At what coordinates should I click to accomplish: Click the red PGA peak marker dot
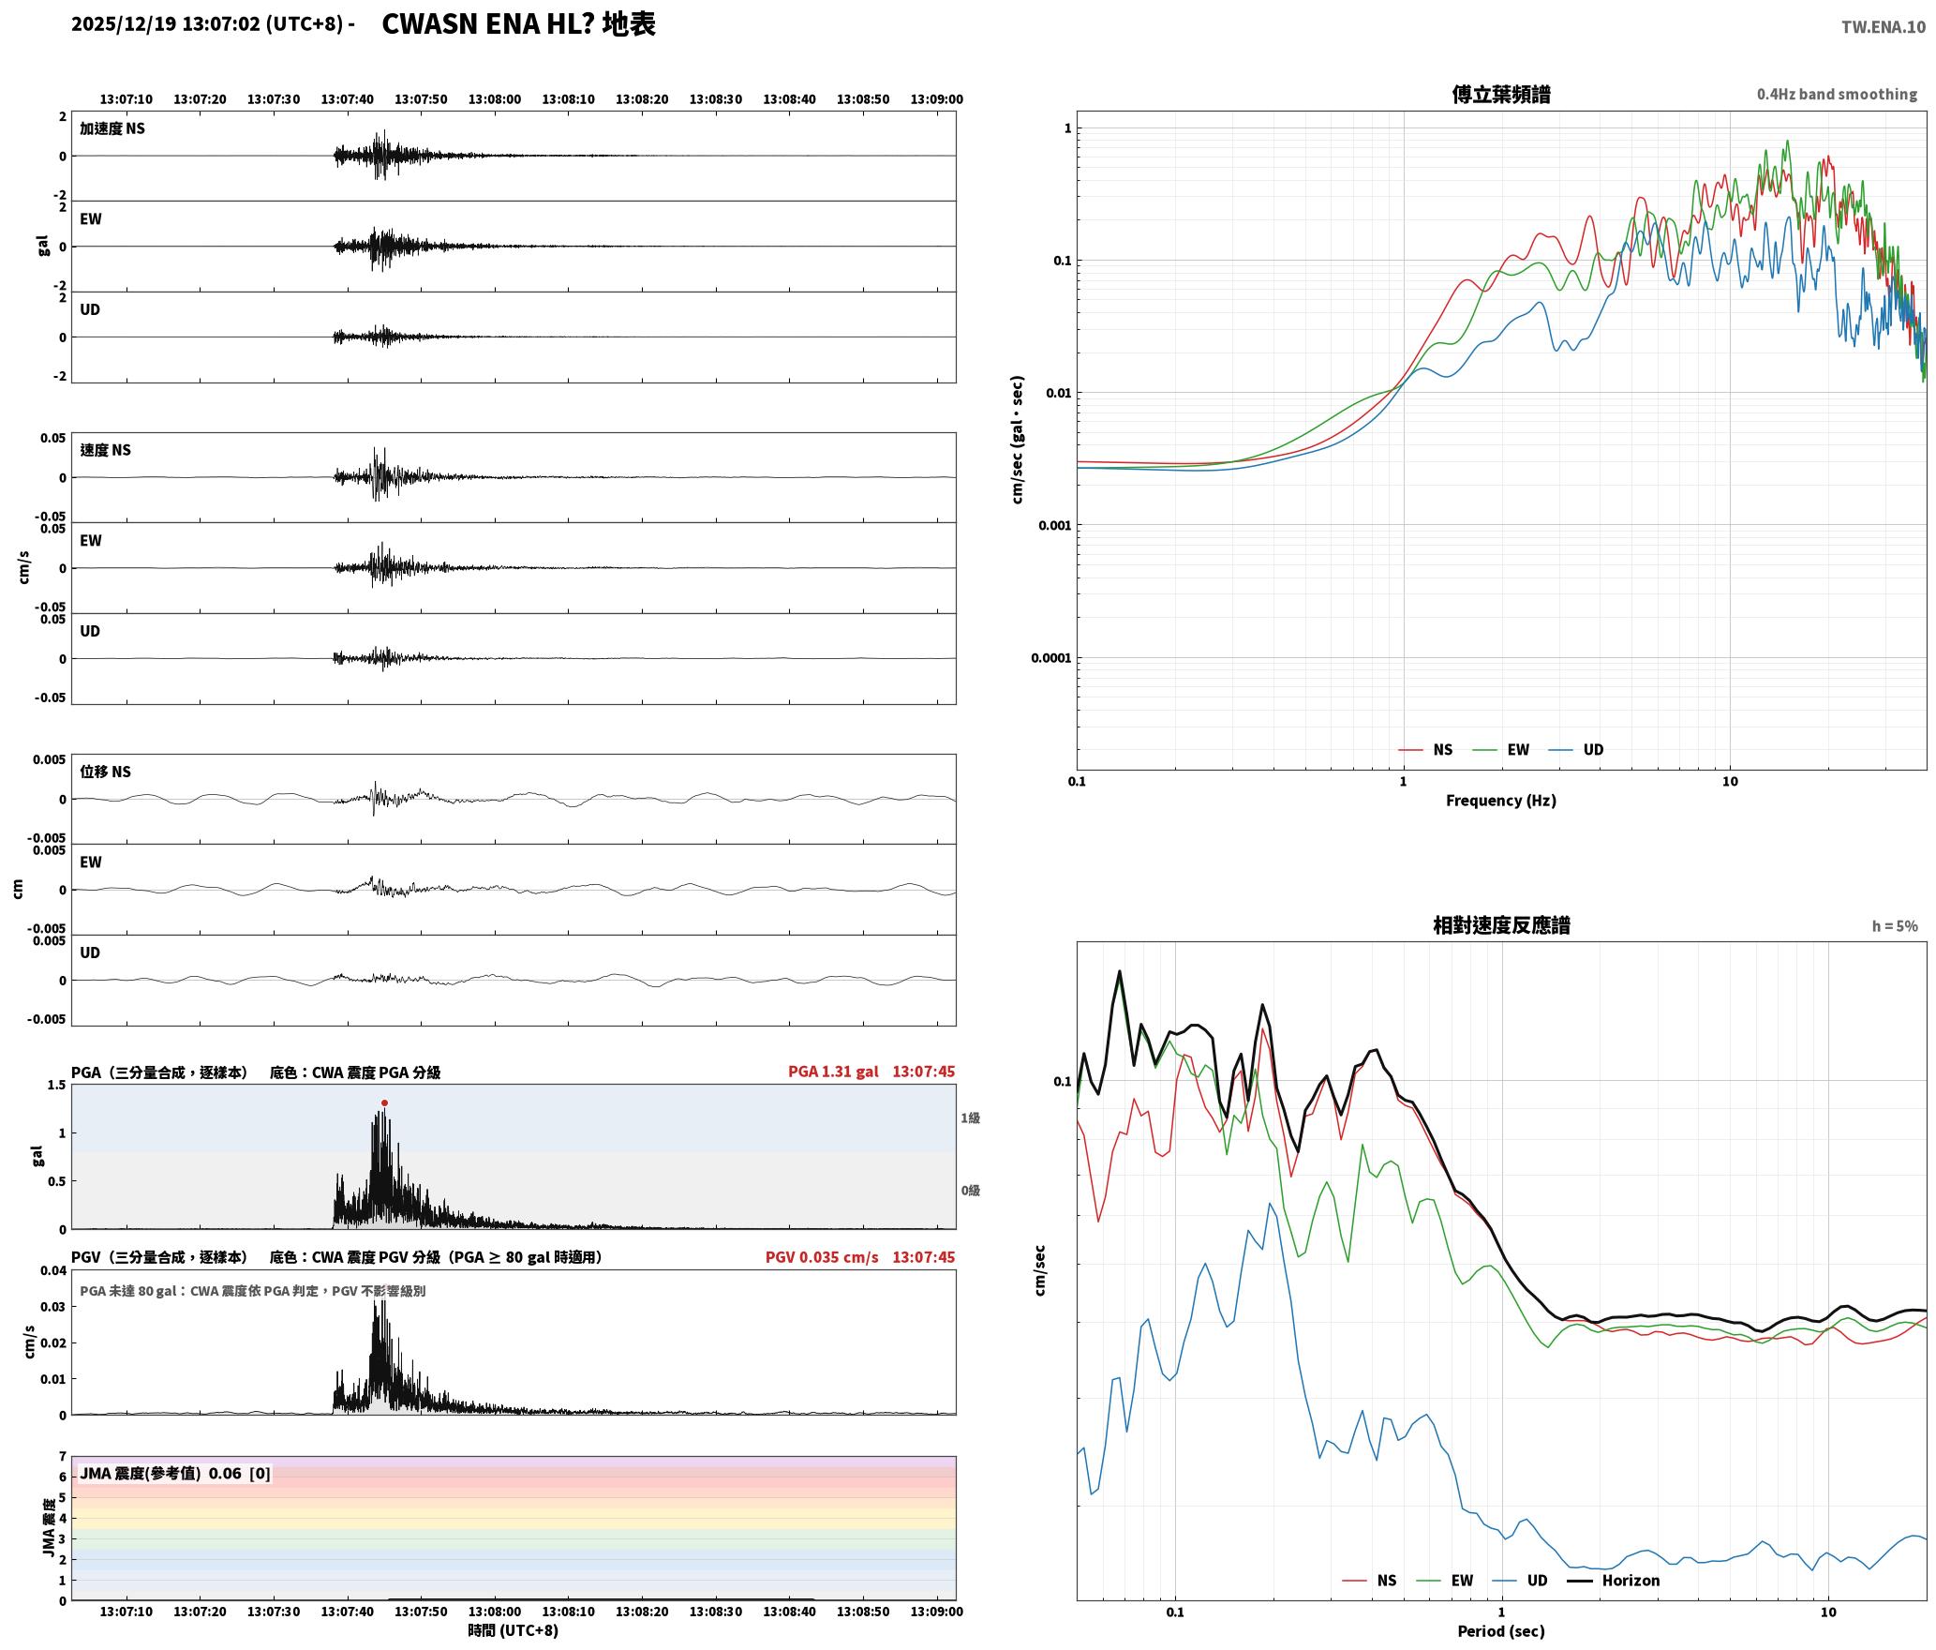coord(384,1102)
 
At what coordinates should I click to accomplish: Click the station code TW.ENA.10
coord(1884,26)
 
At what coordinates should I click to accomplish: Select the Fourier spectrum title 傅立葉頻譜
coord(1500,94)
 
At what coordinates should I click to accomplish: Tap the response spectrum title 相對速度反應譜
coord(1501,925)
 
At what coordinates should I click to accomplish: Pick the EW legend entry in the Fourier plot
coord(1501,749)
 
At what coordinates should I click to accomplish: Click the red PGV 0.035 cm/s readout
coord(822,1256)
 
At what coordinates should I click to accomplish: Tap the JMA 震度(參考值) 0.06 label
coord(160,1473)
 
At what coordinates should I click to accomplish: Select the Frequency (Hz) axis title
coord(1500,800)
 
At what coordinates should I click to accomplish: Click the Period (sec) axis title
coord(1500,1630)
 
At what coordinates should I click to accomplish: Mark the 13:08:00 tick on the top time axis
coord(495,98)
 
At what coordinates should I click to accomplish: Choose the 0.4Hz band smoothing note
coord(1837,94)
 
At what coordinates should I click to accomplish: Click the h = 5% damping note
coord(1895,925)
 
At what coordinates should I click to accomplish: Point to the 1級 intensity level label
coord(970,1117)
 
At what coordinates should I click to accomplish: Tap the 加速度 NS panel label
coord(112,128)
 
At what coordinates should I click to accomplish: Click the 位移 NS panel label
coord(105,772)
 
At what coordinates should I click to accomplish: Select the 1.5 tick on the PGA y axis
coord(56,1085)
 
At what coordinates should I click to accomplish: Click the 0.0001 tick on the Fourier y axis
coord(1050,657)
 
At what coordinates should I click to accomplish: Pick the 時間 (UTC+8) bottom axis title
coord(514,1630)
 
